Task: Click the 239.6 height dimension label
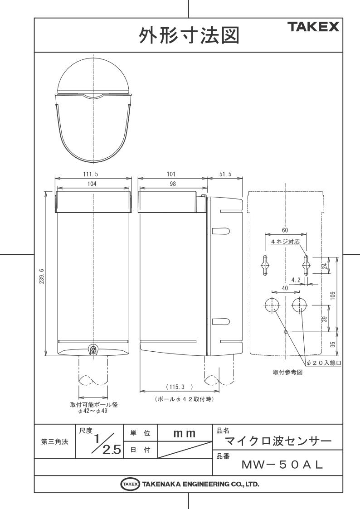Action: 42,276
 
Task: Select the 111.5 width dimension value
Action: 91,175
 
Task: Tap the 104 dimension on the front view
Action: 92,184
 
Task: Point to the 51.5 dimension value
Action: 225,175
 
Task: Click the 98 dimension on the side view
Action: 173,184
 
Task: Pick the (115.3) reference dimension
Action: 179,387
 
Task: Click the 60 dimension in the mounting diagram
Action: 285,231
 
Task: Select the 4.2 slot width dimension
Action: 296,280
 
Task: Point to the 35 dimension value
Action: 333,344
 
